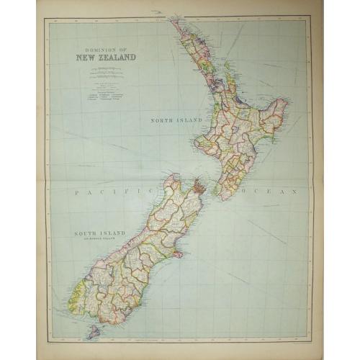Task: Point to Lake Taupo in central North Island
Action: [238, 130]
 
